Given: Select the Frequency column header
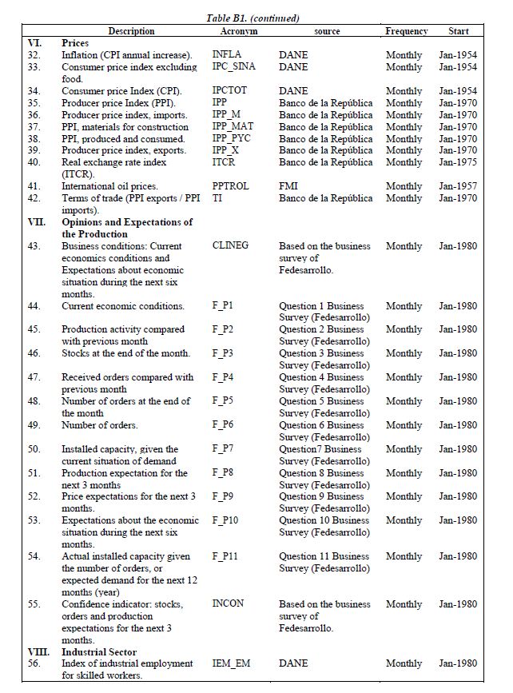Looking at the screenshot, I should [407, 31].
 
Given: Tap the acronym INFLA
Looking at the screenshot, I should [227, 55].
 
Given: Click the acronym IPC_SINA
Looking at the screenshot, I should [234, 67].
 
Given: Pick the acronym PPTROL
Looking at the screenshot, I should [231, 186].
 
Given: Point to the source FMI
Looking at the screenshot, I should [288, 186].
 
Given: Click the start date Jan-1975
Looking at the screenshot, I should [458, 162].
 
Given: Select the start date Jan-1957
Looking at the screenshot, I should [458, 186].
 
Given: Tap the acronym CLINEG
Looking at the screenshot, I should [231, 246].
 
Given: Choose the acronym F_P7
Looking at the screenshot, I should [223, 449].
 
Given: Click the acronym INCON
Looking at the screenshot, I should [229, 604].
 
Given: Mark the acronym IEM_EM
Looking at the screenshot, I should [232, 663].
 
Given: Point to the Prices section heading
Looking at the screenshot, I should [75, 42].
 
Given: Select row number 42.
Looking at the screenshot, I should [34, 198].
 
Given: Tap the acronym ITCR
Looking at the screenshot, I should [225, 162].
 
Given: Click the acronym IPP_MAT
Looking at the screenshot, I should [233, 127].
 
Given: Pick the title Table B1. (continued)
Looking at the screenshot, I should [253, 18].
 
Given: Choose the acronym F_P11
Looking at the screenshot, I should [225, 556].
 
